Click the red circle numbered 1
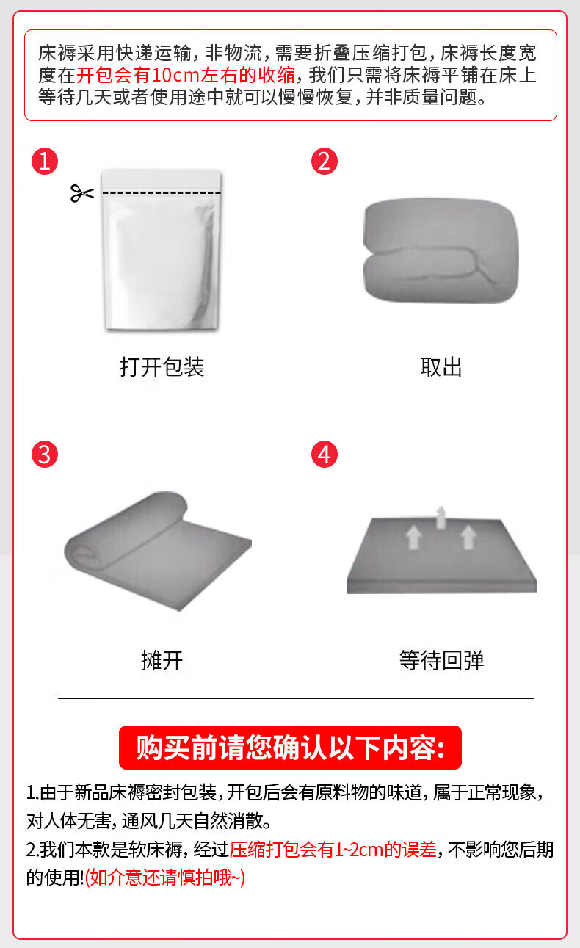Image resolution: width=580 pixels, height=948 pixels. click(45, 162)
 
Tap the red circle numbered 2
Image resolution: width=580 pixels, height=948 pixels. click(325, 162)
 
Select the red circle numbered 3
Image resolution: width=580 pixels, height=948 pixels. click(45, 455)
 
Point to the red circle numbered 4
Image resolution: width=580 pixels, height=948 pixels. click(325, 455)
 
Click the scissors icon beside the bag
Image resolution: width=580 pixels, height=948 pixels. click(82, 193)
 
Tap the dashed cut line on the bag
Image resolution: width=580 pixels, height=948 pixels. click(162, 193)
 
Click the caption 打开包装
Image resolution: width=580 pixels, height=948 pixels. click(162, 366)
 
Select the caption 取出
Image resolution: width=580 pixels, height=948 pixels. click(441, 366)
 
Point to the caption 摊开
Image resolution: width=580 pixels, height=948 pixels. click(162, 660)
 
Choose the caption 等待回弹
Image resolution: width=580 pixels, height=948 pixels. click(442, 660)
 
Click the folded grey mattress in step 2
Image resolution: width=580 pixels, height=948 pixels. click(441, 250)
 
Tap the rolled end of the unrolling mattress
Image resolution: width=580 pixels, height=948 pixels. click(84, 550)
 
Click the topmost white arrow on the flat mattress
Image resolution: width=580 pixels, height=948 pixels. click(441, 517)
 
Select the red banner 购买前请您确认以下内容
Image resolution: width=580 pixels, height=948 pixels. click(290, 748)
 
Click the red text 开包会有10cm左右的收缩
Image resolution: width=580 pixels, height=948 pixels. click(186, 75)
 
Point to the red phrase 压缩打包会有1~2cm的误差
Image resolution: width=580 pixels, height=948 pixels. click(333, 850)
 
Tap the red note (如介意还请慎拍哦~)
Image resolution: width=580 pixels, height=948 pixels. click(165, 878)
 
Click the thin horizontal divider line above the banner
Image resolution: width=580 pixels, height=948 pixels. click(296, 698)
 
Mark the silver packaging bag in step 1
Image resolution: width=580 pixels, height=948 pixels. click(162, 250)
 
